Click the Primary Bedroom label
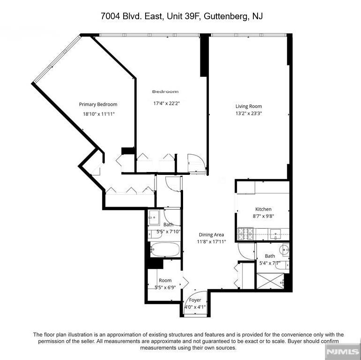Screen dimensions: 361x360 pos(98,105)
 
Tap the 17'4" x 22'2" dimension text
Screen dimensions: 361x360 pos(167,103)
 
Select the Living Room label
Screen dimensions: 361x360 pos(249,106)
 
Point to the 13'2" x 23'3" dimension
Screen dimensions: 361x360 pos(249,113)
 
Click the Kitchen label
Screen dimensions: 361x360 pos(264,209)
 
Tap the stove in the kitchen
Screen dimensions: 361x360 pos(246,234)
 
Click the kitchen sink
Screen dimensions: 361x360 pos(275,234)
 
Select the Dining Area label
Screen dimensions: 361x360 pos(211,235)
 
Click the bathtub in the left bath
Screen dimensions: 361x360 pos(165,249)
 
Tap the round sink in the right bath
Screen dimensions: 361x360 pos(284,249)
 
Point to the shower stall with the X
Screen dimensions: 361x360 pos(270,281)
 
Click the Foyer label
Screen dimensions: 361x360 pos(195,300)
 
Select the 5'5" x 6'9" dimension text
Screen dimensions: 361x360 pos(165,287)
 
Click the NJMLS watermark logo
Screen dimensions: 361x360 pos(343,352)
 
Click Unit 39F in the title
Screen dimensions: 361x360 pos(183,16)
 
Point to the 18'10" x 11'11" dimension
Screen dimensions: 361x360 pos(99,114)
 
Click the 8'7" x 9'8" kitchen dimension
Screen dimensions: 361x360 pos(264,216)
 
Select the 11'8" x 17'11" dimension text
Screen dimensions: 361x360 pos(211,242)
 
